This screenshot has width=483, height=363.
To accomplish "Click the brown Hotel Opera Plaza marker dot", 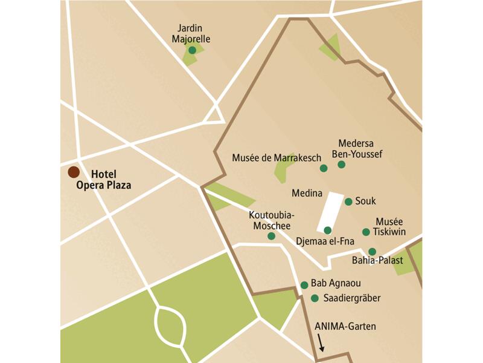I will [74, 172].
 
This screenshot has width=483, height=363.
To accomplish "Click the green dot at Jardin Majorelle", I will [192, 50].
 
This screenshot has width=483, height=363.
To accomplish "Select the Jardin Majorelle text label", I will [191, 34].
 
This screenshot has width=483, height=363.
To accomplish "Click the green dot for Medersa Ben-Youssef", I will [341, 165].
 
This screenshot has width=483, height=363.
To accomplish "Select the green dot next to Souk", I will [348, 201].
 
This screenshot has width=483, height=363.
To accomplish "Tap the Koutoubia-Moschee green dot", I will [271, 236].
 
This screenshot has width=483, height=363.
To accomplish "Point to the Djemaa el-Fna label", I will [325, 241].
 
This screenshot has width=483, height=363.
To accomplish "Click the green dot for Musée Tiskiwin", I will [365, 232].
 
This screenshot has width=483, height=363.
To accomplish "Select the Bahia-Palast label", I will [377, 261].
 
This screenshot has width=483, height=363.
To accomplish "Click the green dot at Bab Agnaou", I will [304, 285].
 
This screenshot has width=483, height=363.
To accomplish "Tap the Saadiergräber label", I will [352, 298].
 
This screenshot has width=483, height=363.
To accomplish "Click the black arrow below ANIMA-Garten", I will [321, 344].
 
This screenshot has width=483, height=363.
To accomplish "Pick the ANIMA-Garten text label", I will [345, 327].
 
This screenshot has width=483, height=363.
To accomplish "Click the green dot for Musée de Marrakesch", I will [324, 168].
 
